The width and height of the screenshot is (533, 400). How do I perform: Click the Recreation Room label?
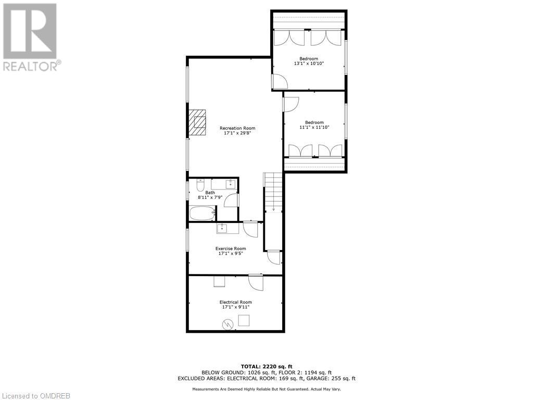237,128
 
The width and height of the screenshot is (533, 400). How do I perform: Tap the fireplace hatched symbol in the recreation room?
198,122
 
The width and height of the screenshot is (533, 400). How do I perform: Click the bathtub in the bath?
202,213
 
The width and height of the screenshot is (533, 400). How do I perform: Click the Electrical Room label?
235,302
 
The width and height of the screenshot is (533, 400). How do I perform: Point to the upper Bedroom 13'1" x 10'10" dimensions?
308,64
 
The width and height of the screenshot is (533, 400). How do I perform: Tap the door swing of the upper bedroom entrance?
278,81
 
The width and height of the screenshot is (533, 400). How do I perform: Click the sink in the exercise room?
223,228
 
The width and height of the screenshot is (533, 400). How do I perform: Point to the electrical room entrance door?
256,282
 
